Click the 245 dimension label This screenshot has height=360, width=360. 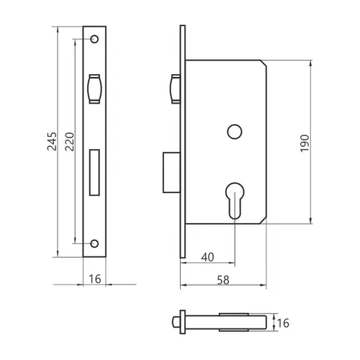coord(52,141)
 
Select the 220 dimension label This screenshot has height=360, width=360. coord(70,142)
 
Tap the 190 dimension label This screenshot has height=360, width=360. coord(305,143)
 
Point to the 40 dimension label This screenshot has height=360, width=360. coord(207,257)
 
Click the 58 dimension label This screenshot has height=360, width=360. coord(223,280)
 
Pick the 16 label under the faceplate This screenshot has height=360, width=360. coord(95,279)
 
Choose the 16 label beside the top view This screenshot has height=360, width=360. coord(283,323)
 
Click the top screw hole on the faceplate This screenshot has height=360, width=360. coord(94,39)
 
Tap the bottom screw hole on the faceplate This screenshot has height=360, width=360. coord(94,243)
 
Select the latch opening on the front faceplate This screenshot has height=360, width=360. coord(95,89)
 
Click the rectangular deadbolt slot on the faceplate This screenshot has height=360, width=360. coord(94,173)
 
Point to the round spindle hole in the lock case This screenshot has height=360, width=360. coord(235,132)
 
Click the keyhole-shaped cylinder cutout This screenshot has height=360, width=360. coord(235,201)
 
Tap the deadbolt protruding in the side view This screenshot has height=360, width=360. coord(171,172)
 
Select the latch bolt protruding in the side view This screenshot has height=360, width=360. coord(175,89)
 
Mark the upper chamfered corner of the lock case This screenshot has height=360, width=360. coord(264,63)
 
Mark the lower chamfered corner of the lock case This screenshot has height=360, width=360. coord(264,221)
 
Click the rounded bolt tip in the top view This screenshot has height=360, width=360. coord(176,323)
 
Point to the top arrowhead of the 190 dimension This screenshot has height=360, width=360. coord(311,63)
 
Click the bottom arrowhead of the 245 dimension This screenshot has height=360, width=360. coord(58,253)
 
